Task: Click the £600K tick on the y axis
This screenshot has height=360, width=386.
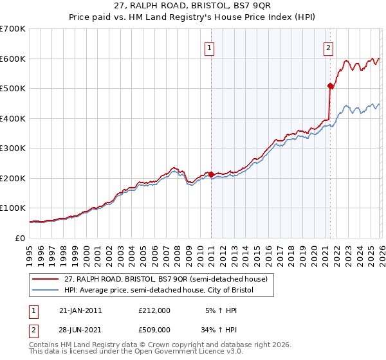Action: click(x=13, y=59)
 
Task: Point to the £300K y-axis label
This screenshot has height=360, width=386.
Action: click(x=13, y=148)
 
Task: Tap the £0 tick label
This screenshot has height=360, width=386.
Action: click(x=19, y=239)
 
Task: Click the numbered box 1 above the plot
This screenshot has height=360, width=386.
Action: click(x=210, y=47)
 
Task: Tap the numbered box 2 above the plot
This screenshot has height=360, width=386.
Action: click(x=329, y=47)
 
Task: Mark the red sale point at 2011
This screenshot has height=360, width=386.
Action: click(x=211, y=174)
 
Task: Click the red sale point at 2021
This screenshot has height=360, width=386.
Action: click(x=330, y=85)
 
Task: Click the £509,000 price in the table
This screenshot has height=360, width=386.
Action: click(x=154, y=330)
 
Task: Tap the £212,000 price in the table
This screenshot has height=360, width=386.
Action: click(x=154, y=310)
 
